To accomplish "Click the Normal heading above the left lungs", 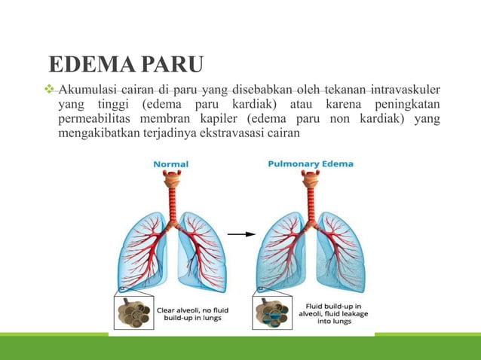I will pos(171,163).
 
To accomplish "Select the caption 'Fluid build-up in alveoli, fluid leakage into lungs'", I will pos(326,313).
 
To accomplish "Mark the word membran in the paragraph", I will pos(175,120).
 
